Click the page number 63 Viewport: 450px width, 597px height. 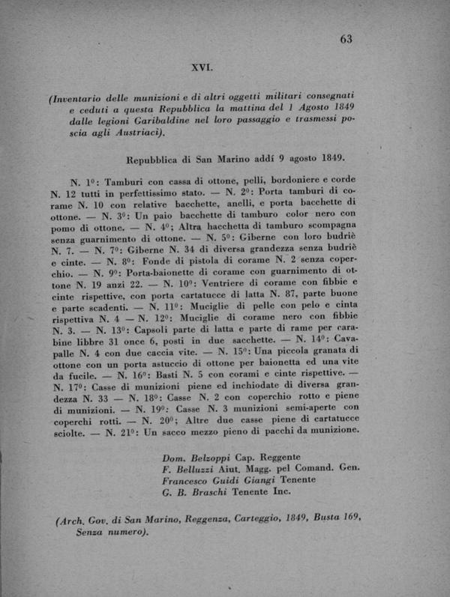pos(346,39)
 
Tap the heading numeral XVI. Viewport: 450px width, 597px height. pos(202,67)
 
